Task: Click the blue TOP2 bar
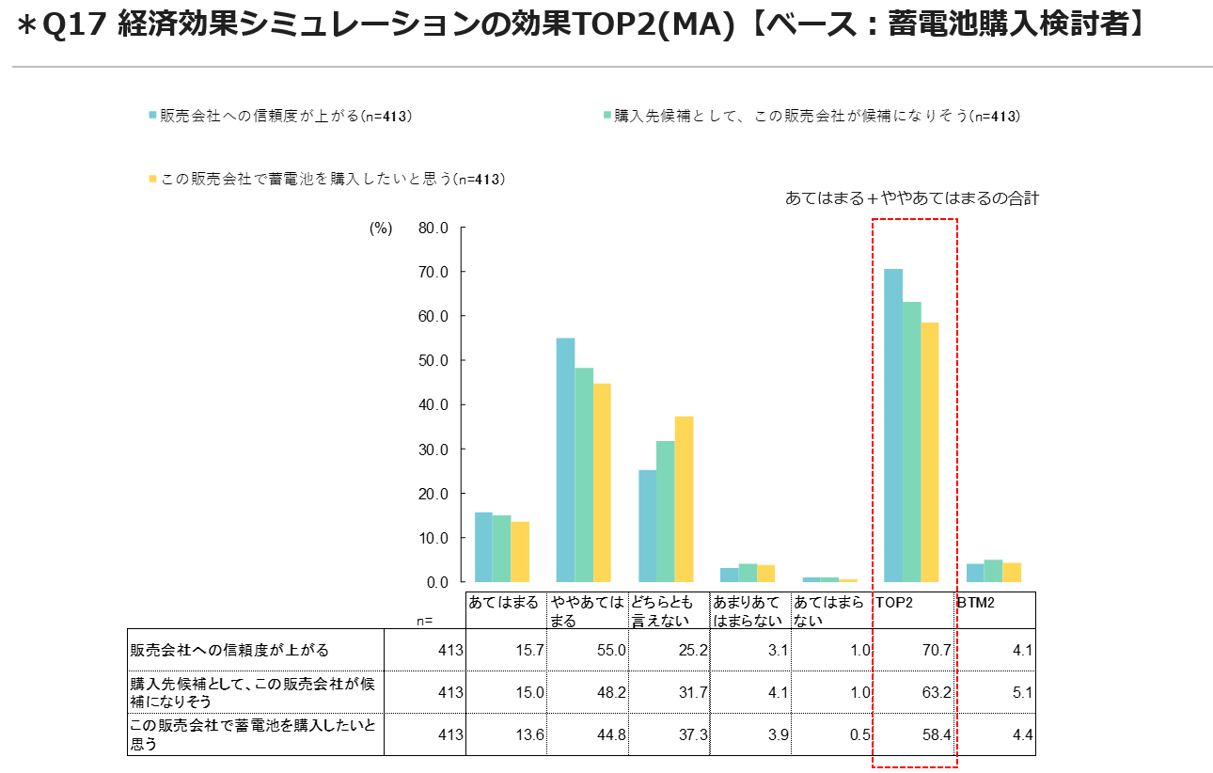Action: coord(892,425)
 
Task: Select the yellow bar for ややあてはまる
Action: coord(602,482)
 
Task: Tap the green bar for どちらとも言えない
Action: coord(666,512)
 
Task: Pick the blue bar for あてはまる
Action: coord(483,547)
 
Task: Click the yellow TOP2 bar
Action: coord(930,452)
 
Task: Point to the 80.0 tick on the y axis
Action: coord(432,228)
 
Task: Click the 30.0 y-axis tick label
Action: coord(432,450)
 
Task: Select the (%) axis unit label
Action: coord(380,229)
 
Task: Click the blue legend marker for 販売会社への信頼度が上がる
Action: coord(151,116)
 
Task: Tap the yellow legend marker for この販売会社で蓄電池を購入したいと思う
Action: coord(151,179)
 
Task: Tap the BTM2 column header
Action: coord(977,601)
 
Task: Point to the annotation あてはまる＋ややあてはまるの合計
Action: coord(911,198)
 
